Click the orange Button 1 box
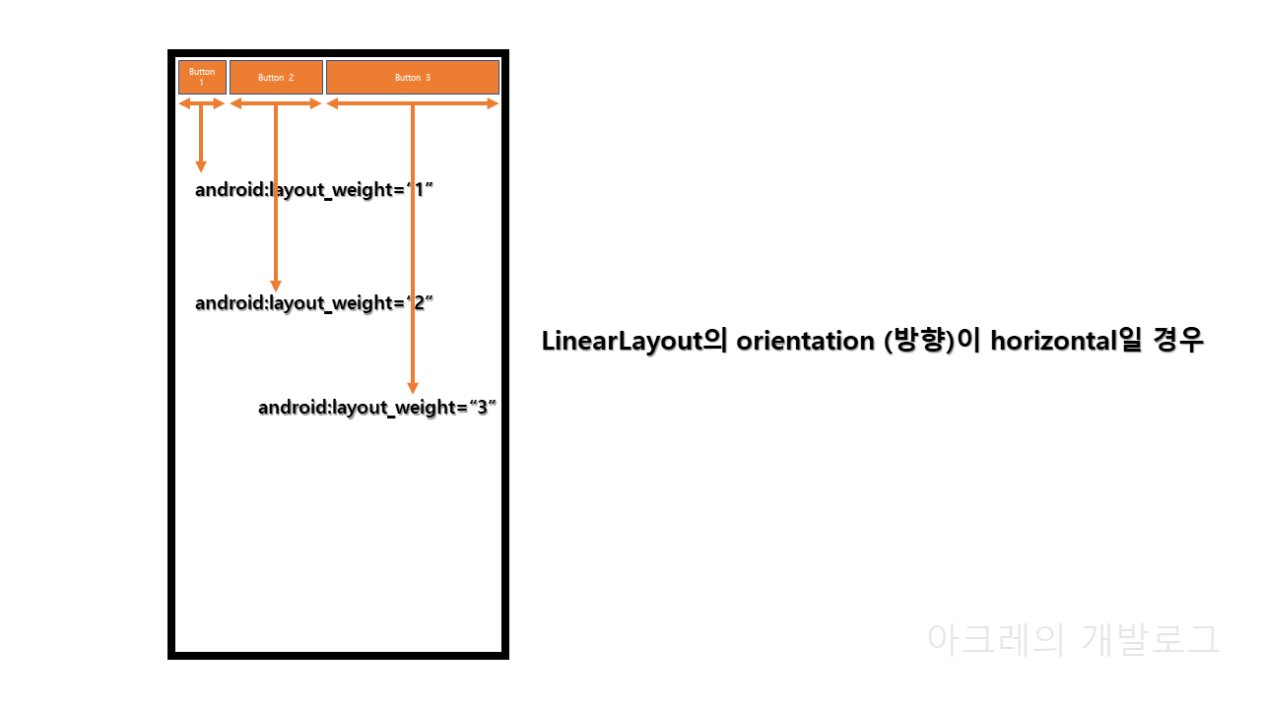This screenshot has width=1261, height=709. coord(202,77)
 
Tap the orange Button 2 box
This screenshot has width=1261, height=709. coord(276,77)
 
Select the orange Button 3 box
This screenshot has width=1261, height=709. coord(413,77)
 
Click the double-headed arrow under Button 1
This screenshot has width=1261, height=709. coord(202,103)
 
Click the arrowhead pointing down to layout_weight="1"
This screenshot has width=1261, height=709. coord(201,165)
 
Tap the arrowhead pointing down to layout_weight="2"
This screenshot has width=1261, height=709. coord(276,286)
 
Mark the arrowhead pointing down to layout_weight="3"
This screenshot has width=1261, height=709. coord(413,388)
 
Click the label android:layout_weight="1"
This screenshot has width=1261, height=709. coord(314,190)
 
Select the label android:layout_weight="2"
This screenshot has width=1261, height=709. coord(314,303)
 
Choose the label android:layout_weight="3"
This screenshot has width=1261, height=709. coord(376,408)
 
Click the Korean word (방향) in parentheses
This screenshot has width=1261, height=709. coord(921,342)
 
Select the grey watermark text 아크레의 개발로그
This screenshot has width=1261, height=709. coord(1074,639)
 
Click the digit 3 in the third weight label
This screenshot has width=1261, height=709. coord(482,408)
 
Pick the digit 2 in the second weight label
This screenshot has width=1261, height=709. coord(418,303)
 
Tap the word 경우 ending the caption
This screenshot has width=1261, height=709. coord(1178,342)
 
